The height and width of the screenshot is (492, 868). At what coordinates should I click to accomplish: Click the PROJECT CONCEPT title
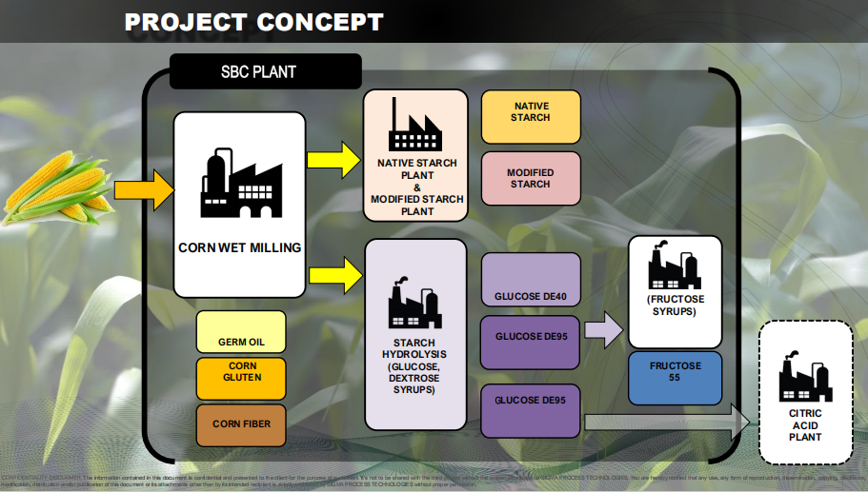point(253,21)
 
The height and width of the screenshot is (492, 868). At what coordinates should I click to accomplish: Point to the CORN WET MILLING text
point(239,247)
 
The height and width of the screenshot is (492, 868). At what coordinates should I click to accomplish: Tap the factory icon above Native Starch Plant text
point(416,127)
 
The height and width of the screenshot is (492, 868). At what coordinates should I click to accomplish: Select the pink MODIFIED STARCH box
point(531,178)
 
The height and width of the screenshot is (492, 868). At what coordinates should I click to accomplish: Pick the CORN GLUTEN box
point(241,377)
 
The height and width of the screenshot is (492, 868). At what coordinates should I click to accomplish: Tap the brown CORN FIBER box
point(241,424)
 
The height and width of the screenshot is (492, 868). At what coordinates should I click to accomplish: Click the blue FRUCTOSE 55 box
point(675,377)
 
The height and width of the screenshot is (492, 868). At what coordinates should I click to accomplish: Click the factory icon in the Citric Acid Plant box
point(804,378)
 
